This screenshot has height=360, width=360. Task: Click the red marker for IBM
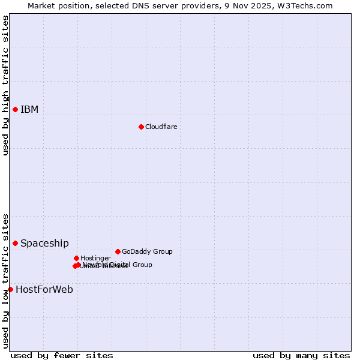click(x=15, y=109)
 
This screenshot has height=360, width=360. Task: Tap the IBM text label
click(x=29, y=109)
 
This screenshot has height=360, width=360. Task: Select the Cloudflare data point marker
click(x=141, y=127)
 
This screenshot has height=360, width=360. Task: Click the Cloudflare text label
click(x=161, y=127)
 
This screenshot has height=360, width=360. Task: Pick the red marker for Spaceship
click(x=15, y=243)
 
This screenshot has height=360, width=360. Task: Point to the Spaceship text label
click(x=44, y=243)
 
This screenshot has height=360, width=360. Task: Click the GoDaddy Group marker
click(x=118, y=251)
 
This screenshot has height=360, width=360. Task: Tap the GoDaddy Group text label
click(x=147, y=251)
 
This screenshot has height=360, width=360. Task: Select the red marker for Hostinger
click(x=76, y=258)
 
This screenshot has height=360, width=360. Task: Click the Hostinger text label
click(x=95, y=258)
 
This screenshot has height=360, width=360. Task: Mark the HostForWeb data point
click(x=10, y=289)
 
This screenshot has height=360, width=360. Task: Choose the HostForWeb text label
click(x=44, y=289)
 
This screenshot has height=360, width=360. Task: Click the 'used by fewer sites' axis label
click(x=62, y=355)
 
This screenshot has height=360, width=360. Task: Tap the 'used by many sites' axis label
click(x=301, y=355)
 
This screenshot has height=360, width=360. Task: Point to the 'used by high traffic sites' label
click(x=5, y=85)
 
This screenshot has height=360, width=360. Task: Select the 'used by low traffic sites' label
click(x=5, y=281)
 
